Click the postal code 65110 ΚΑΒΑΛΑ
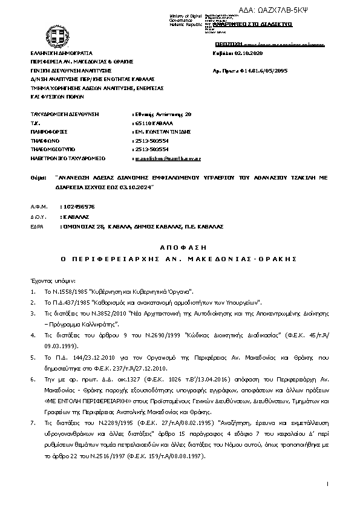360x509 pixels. (x=152, y=122)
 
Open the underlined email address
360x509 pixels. (x=168, y=158)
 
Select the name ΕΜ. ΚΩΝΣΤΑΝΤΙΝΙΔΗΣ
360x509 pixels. (x=162, y=131)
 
